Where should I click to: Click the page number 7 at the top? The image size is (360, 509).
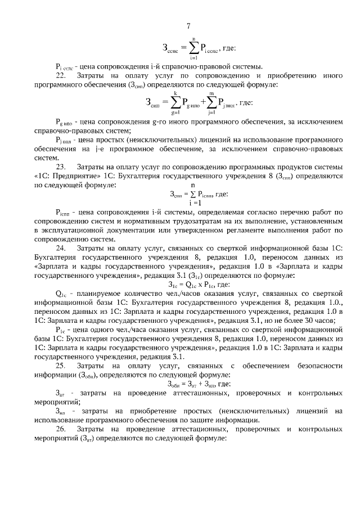188,26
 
